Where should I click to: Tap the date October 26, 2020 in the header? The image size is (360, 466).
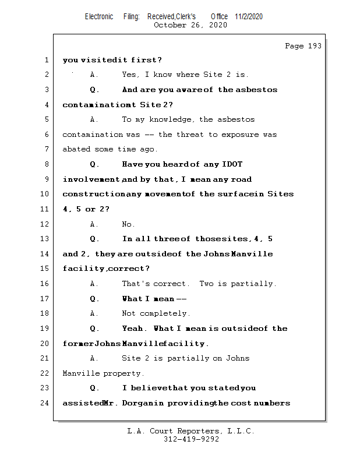click(x=190, y=25)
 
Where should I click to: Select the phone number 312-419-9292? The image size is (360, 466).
click(x=191, y=440)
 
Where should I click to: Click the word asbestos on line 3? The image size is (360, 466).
click(x=257, y=90)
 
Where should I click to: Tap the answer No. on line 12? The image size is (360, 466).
click(x=128, y=224)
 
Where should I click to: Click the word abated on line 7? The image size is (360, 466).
click(x=76, y=149)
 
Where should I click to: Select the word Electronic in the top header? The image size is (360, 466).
click(x=99, y=16)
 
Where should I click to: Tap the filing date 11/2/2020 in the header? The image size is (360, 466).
click(x=249, y=16)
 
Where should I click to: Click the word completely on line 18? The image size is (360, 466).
click(x=166, y=313)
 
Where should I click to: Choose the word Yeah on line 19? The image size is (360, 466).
click(x=134, y=329)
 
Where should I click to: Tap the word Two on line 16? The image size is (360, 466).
click(x=206, y=284)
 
